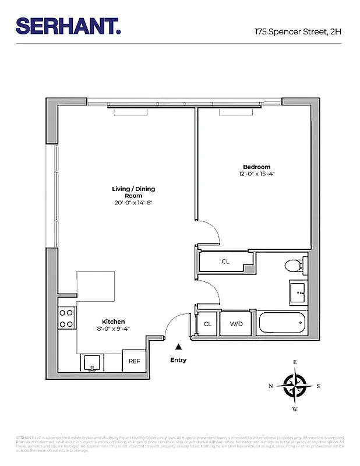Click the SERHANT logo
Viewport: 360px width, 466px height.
[68, 26]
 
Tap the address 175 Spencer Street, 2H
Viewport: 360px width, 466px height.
[297, 32]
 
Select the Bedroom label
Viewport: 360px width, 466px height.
[256, 167]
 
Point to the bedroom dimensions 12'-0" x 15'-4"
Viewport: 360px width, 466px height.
[256, 174]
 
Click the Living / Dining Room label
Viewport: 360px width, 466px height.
[133, 192]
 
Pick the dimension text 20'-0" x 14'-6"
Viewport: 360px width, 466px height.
[133, 203]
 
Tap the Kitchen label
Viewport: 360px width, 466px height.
[114, 322]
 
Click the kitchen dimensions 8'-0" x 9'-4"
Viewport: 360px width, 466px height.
[114, 329]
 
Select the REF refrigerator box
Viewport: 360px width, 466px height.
[134, 361]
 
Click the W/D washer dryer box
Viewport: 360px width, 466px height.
[236, 324]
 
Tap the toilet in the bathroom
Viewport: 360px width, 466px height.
[294, 266]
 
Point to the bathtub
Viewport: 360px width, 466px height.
[282, 324]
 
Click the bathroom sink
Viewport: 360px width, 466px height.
[298, 292]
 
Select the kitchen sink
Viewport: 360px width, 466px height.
[93, 362]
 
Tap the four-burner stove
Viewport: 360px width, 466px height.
[66, 318]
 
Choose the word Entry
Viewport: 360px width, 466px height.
[178, 360]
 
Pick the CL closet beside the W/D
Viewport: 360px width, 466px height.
[207, 324]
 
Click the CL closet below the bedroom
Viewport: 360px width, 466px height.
[225, 262]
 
